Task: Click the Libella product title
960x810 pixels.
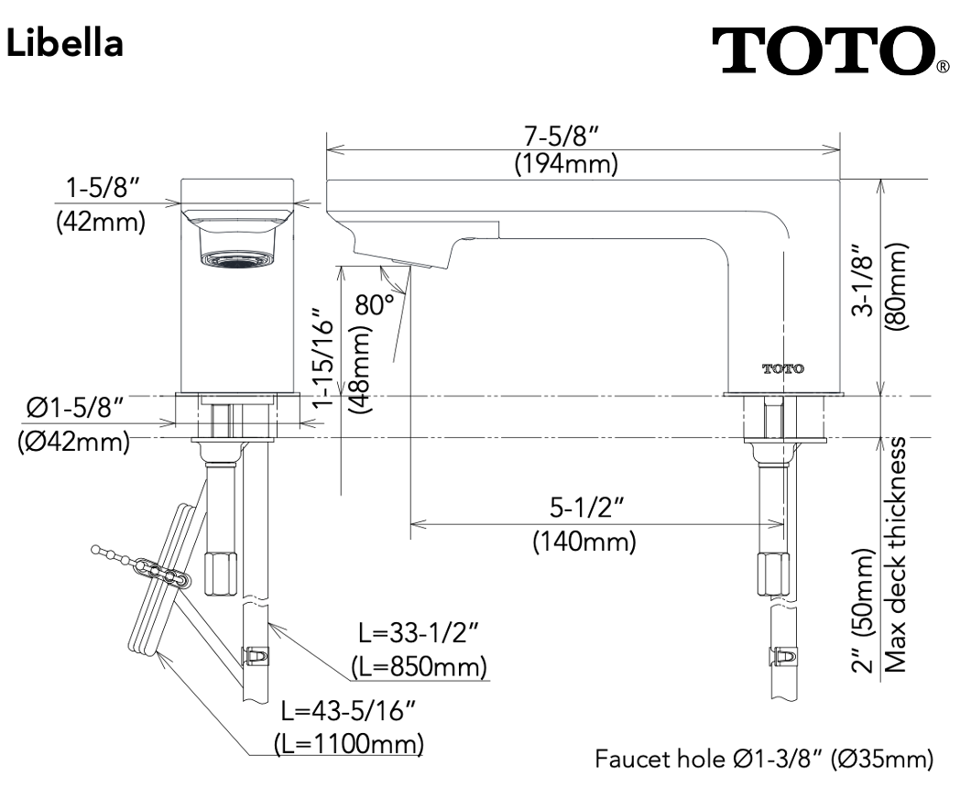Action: pyautogui.click(x=64, y=43)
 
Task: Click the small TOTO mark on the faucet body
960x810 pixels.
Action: pyautogui.click(x=783, y=368)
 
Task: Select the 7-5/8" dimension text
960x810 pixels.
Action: pyautogui.click(x=562, y=135)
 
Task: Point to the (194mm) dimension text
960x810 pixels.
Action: pyautogui.click(x=565, y=165)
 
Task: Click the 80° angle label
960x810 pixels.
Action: pyautogui.click(x=376, y=305)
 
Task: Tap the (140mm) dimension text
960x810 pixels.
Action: pyautogui.click(x=584, y=542)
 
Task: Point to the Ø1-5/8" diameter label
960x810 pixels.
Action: pyautogui.click(x=74, y=407)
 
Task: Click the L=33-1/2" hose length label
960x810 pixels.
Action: pyautogui.click(x=419, y=634)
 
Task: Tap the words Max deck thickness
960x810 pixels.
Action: pyautogui.click(x=898, y=553)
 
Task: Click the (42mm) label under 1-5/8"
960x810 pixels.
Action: pyautogui.click(x=100, y=223)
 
